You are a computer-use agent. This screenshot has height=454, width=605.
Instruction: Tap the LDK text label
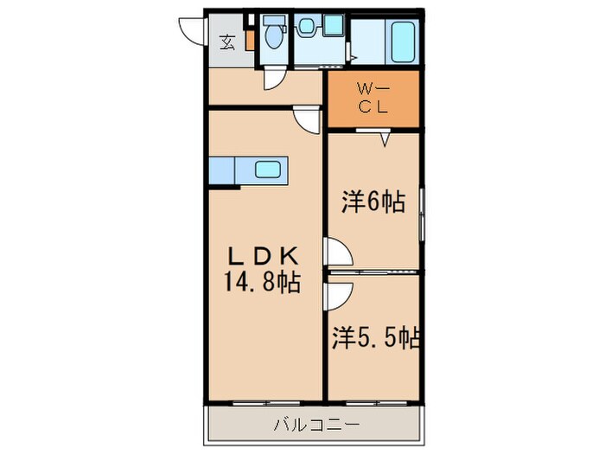[x=264, y=256]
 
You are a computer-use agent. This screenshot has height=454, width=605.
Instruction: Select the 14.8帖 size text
[x=264, y=282]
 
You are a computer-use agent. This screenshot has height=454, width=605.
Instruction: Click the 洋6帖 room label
[x=373, y=202]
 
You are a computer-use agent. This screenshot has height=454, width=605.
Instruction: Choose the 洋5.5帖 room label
[x=374, y=337]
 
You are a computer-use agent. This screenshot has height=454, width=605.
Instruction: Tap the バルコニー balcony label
[x=315, y=425]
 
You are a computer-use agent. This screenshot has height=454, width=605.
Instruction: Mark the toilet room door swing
[x=275, y=79]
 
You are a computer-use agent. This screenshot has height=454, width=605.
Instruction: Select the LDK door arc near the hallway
[x=305, y=122]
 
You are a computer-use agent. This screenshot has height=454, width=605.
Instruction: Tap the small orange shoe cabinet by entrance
[x=250, y=39]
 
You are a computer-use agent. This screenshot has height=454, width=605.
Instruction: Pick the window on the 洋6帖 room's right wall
[x=421, y=216]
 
